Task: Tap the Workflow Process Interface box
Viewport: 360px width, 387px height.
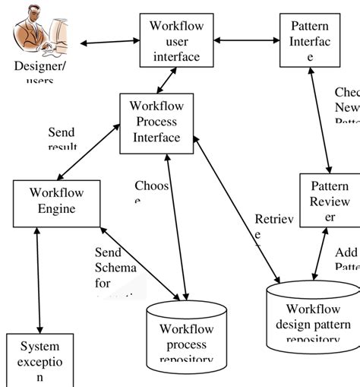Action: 156,121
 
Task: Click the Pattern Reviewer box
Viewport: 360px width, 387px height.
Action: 330,201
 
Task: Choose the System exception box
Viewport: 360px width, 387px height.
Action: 40,360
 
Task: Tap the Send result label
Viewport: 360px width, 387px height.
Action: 62,139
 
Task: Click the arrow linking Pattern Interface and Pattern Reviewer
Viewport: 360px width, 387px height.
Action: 320,121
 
